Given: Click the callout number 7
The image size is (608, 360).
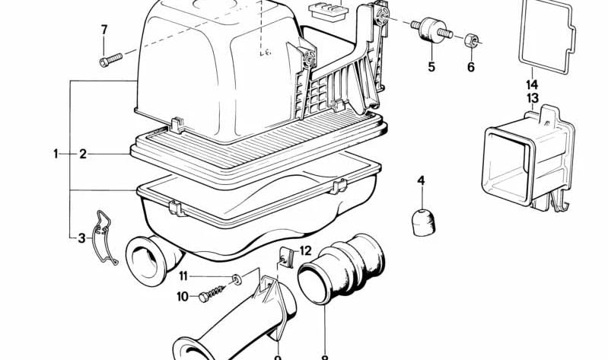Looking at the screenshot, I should point(104,30).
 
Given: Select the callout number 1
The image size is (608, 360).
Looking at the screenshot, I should point(56,155).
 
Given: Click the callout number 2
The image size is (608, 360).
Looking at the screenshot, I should point(83,155).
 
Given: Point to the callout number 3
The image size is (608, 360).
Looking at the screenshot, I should point(81,238).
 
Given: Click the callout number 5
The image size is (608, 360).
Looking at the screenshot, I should point(431,67).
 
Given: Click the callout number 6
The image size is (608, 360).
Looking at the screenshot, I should point(470,67).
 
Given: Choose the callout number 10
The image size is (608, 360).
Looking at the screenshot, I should point(183,297).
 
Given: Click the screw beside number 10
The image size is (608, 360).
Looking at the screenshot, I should point(214,292).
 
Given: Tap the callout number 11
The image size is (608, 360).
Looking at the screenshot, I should point(183,276).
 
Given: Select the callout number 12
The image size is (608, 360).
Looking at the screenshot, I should point(305,250).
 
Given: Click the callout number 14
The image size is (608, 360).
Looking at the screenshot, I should point(531,84).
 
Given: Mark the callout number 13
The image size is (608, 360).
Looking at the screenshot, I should point(531,98).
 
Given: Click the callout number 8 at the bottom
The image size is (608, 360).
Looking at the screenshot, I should point(324,355).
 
